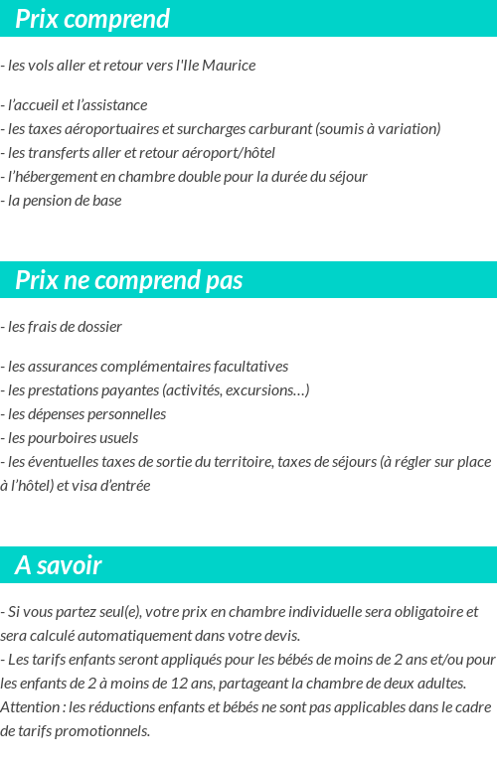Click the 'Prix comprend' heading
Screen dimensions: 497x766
92,19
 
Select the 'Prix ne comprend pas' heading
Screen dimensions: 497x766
129,280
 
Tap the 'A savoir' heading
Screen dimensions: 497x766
59,565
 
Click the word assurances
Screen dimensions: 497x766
62,366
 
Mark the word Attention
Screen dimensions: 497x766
32,706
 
